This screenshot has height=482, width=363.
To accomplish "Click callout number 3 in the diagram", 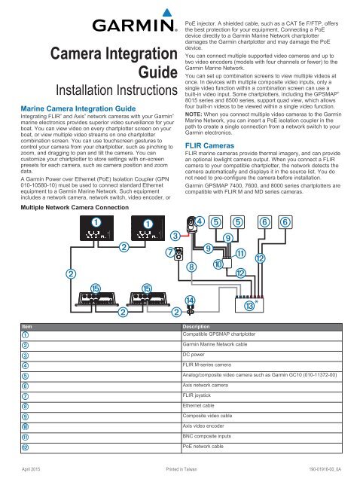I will (x=175, y=258).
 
